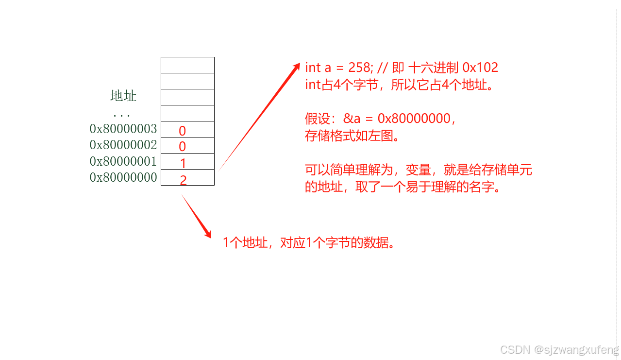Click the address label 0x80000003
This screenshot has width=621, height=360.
click(x=123, y=129)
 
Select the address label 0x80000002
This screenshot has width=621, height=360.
click(x=123, y=145)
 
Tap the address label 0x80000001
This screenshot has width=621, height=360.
click(x=123, y=161)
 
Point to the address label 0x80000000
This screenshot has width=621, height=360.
click(x=123, y=177)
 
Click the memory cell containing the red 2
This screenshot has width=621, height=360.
click(x=187, y=178)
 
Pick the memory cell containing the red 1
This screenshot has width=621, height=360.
click(x=187, y=162)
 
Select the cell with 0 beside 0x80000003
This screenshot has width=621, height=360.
click(x=187, y=130)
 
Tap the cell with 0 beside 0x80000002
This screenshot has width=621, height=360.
click(x=187, y=146)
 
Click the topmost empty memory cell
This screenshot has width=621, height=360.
click(x=187, y=65)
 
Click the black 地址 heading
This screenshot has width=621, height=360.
click(x=123, y=96)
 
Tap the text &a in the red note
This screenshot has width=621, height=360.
click(x=349, y=119)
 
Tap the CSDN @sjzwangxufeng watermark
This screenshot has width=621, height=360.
click(x=559, y=350)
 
